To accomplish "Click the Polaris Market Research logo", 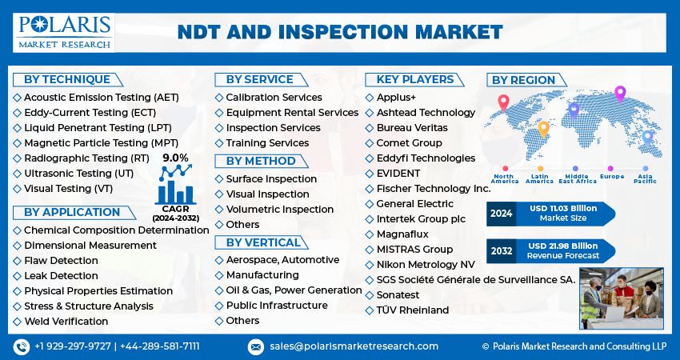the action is pos(64,33).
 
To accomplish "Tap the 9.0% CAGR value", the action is pos(176,158).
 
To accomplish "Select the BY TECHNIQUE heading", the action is pos(67,80).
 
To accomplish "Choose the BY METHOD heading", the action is pos(261,161).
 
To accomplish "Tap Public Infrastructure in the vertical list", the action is pos(271,306).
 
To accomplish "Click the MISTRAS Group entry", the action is pos(409,250).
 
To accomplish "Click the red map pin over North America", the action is pos(503,103).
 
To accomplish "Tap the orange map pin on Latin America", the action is pos(543,130).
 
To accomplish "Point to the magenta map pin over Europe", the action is pos(620,94).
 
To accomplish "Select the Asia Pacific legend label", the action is pos(646,178).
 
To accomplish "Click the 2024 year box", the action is pos(502,214).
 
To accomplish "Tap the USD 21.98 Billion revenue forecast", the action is pos(563,246).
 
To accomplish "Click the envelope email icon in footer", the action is pos(255,346).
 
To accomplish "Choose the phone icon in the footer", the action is pos(22,346).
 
